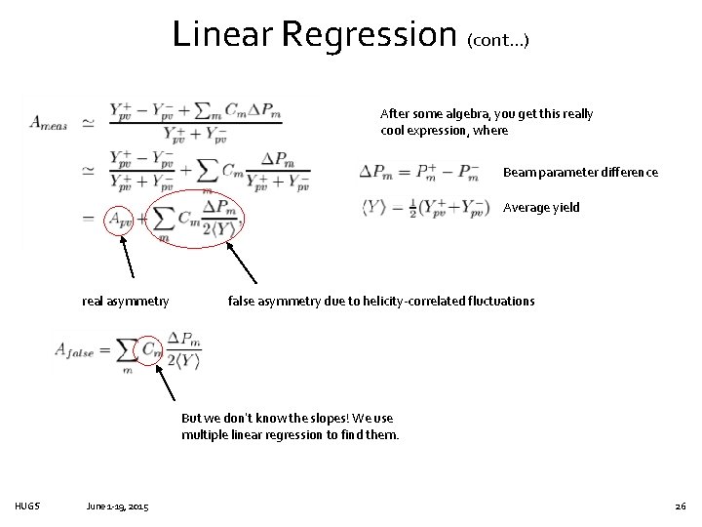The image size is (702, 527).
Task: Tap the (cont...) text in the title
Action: click(x=498, y=41)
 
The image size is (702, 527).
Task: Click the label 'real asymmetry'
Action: click(x=125, y=301)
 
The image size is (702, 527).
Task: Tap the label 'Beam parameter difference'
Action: click(x=580, y=173)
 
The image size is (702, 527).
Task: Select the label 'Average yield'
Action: click(x=541, y=208)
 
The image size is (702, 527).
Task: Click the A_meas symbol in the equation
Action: click(x=49, y=122)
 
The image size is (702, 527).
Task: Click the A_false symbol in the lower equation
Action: click(x=75, y=351)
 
